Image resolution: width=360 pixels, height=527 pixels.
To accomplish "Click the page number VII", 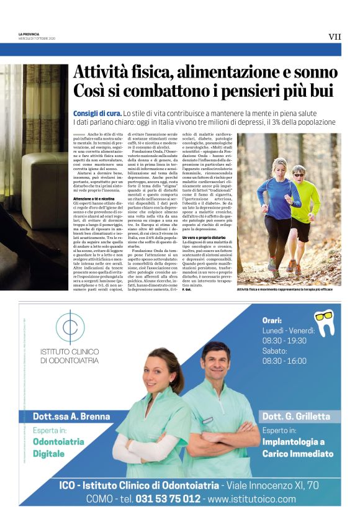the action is [335, 37].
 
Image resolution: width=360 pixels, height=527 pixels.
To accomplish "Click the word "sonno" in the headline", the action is [313, 71].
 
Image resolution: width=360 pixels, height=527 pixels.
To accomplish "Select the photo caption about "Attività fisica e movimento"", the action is [289, 289].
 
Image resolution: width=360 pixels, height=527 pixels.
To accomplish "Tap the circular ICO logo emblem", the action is [70, 327].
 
